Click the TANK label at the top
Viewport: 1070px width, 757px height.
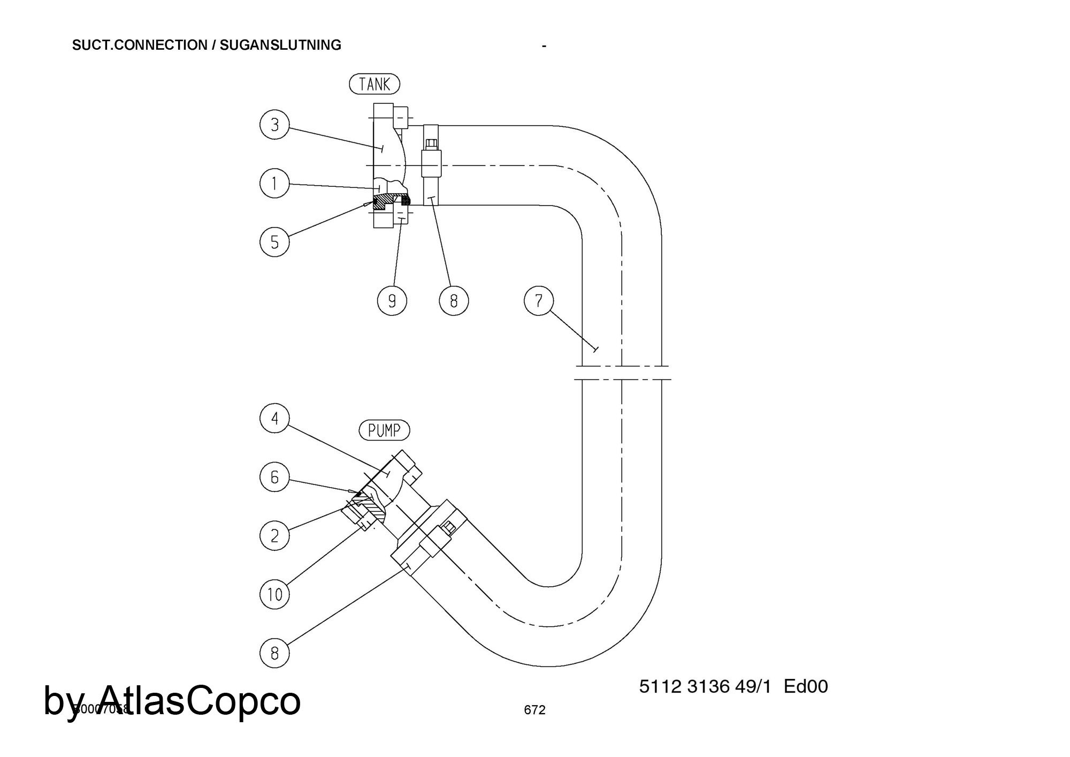[374, 84]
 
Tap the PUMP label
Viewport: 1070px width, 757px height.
[384, 430]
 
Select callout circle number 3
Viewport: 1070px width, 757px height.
[274, 125]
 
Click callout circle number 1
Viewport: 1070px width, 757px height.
[274, 184]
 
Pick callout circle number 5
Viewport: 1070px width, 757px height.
[274, 242]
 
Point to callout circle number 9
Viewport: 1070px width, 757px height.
[392, 301]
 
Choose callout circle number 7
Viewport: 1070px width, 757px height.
[539, 300]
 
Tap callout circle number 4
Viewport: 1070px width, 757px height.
[274, 418]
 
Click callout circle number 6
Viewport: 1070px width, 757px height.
[274, 477]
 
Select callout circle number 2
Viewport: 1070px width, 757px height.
[274, 535]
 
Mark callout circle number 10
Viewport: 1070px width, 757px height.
[274, 594]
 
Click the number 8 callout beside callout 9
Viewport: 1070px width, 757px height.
[454, 301]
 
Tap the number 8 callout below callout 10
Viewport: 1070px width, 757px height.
[274, 653]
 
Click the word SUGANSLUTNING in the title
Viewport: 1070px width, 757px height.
[280, 45]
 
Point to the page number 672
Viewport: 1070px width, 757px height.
[534, 710]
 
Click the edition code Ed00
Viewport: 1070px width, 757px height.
[806, 686]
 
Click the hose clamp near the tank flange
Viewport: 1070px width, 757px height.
[431, 165]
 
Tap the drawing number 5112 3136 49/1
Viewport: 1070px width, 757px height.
[705, 686]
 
